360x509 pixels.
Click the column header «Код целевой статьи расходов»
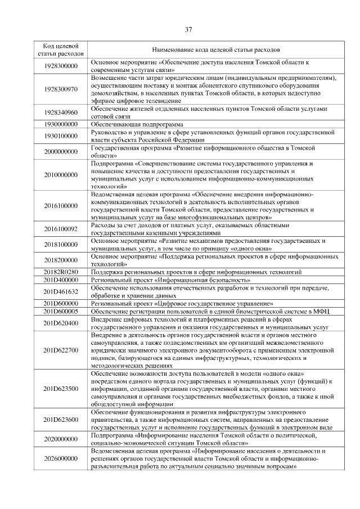coord(61,49)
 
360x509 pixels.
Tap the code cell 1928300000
coord(61,66)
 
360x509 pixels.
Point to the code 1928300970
coord(61,88)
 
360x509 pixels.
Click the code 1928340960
coord(61,112)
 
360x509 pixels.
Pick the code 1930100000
coord(61,136)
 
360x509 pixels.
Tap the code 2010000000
coord(61,175)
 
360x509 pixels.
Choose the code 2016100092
coord(61,229)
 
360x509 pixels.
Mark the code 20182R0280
coord(61,272)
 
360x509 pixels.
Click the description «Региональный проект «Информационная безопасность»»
coord(171,280)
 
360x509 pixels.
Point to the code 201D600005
coord(61,311)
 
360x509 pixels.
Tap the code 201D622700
coord(61,350)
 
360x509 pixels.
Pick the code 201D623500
coord(61,389)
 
